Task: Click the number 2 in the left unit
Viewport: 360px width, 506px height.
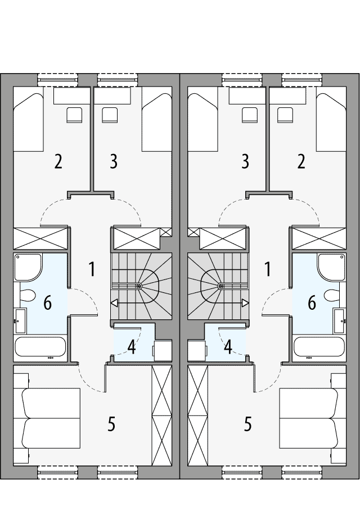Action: [x=58, y=161]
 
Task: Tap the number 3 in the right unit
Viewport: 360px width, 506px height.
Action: [x=245, y=161]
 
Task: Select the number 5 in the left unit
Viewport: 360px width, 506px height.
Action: [x=111, y=424]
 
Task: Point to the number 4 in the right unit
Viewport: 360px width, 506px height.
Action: [x=228, y=346]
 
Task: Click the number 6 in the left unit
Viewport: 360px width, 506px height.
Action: [x=47, y=303]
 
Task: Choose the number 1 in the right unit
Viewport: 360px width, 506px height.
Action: [x=268, y=269]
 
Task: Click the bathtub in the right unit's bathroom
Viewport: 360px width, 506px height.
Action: [x=317, y=347]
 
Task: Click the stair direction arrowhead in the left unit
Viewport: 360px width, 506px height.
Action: [x=114, y=304]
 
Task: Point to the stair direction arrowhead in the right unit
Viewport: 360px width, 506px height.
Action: [x=245, y=304]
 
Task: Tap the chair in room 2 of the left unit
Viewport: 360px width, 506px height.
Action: [x=74, y=115]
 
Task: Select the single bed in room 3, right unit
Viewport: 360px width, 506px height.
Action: [x=202, y=121]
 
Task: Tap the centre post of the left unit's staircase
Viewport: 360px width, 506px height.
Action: [x=139, y=286]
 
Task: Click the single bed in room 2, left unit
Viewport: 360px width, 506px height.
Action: [x=28, y=121]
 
